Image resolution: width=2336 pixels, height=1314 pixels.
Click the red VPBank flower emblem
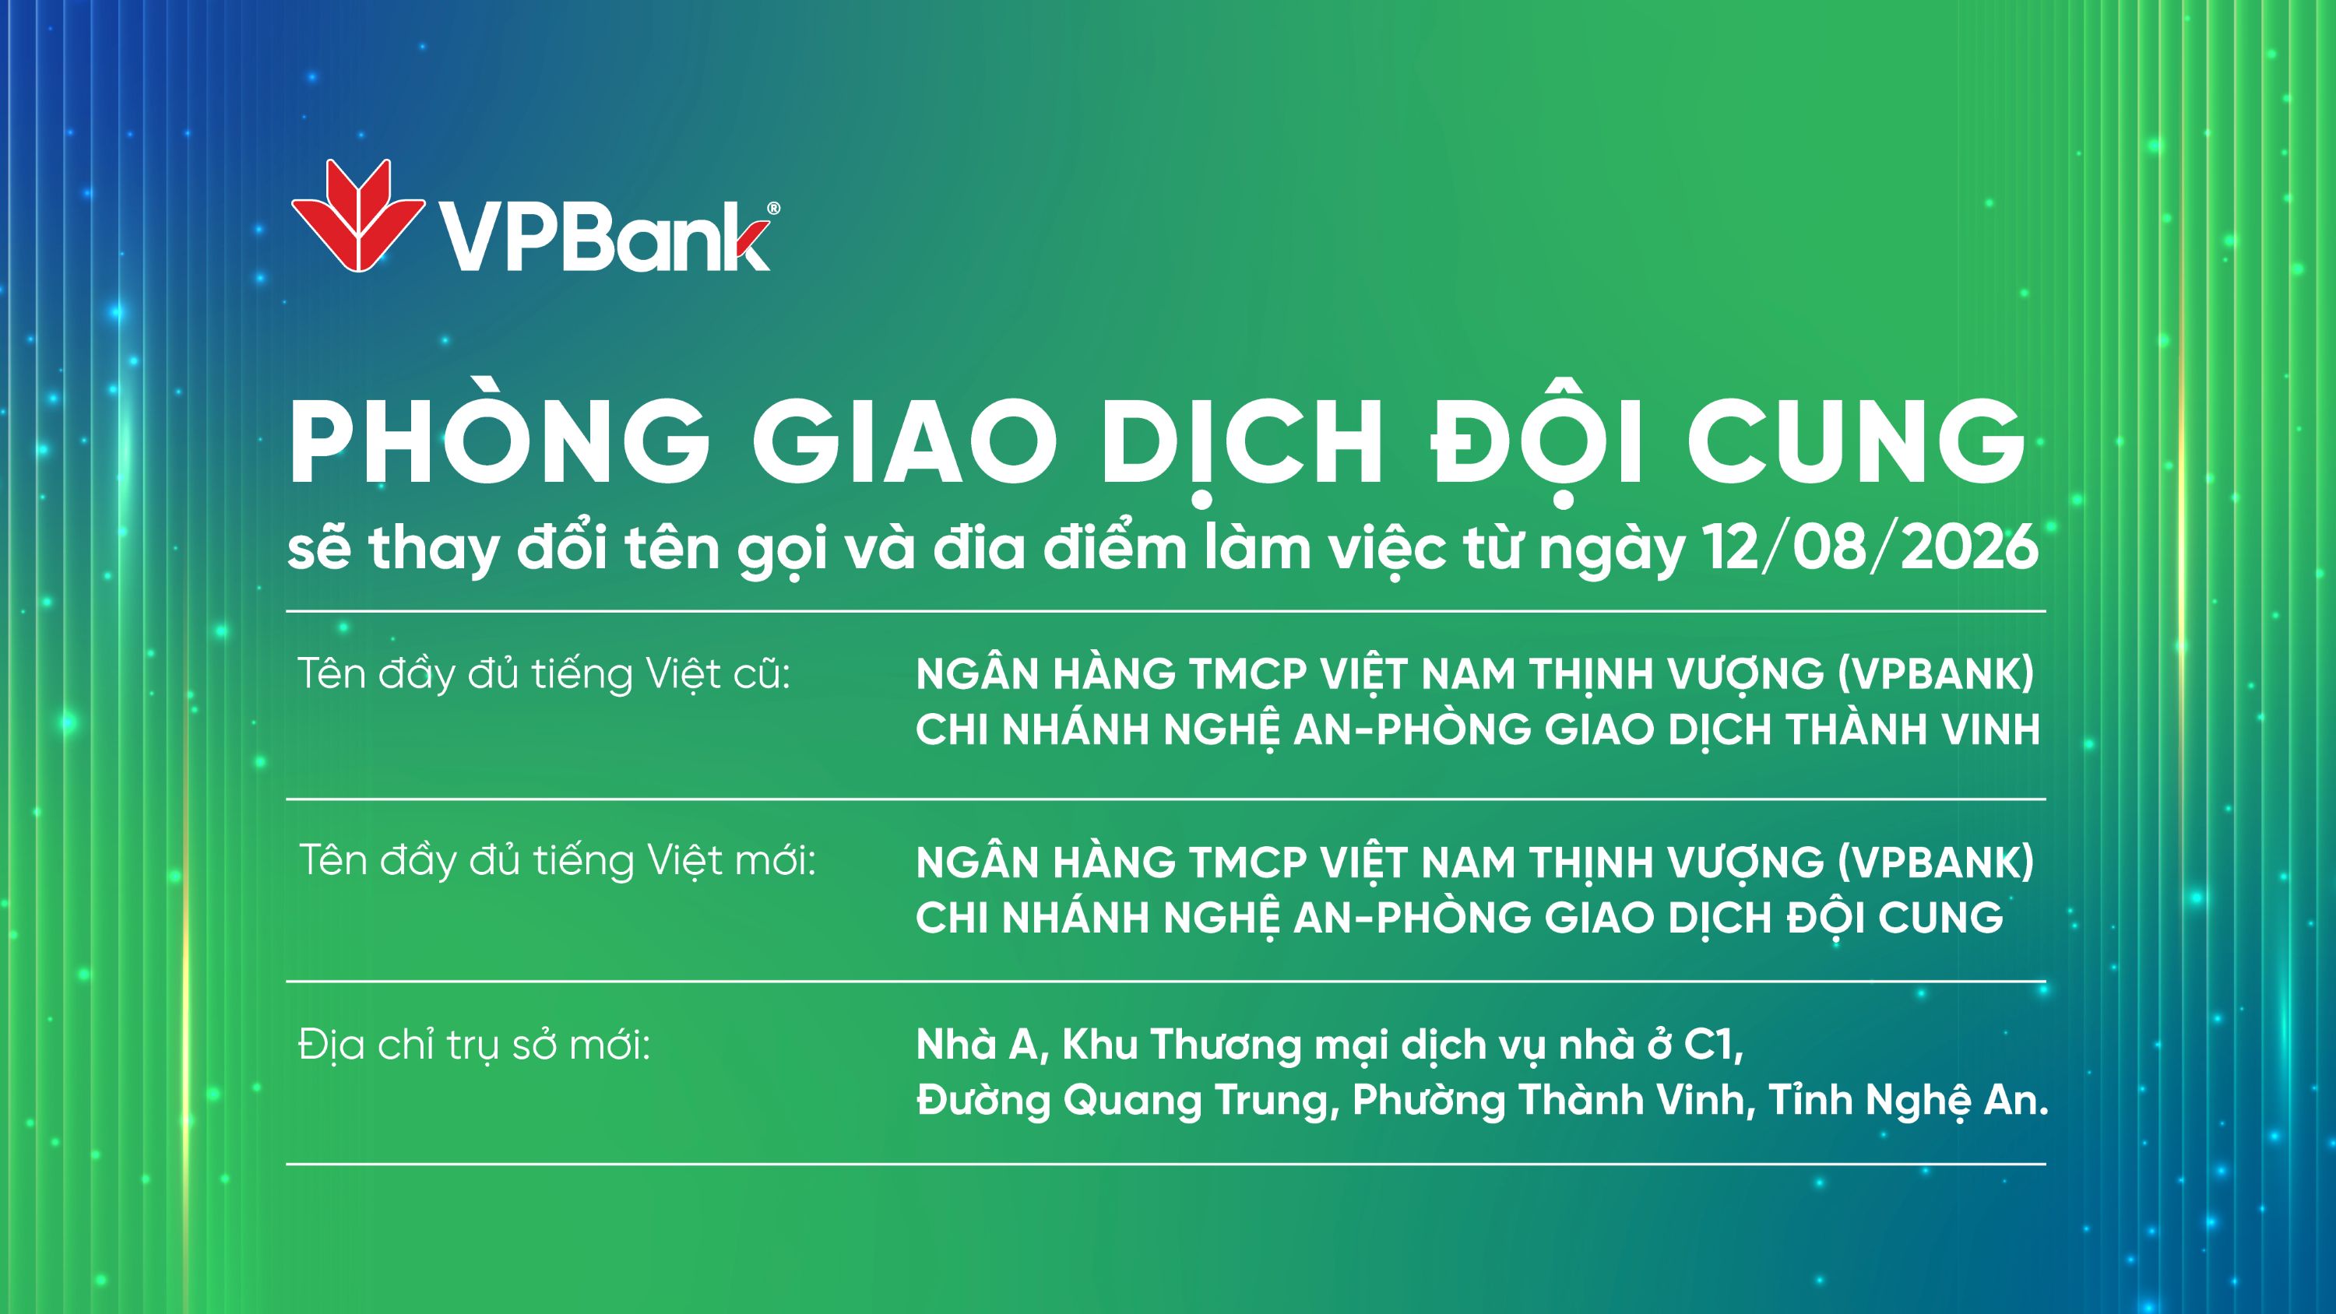[x=357, y=215]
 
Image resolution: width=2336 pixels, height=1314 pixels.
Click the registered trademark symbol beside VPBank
[x=772, y=209]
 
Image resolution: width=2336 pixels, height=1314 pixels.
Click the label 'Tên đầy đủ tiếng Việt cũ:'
[x=545, y=674]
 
